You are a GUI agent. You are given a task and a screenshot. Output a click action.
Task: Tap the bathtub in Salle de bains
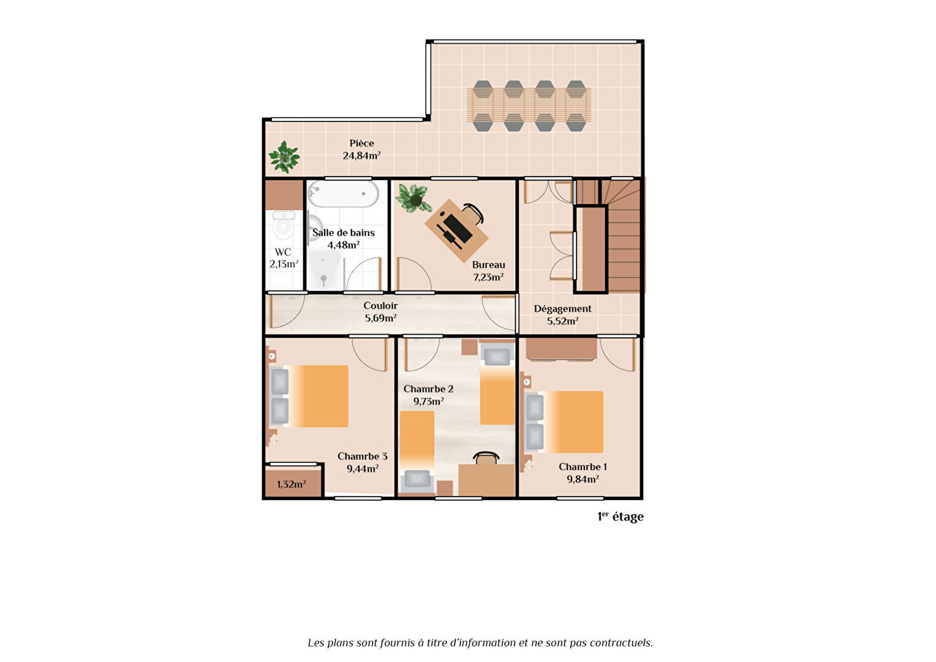pyautogui.click(x=343, y=194)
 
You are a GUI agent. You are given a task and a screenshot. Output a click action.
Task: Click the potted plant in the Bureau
pyautogui.click(x=413, y=198)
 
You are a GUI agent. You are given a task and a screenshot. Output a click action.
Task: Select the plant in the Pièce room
pyautogui.click(x=284, y=158)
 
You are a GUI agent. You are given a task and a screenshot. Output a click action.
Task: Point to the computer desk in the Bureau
pyautogui.click(x=456, y=230)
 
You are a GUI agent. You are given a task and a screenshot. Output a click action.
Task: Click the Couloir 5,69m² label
pyautogui.click(x=380, y=312)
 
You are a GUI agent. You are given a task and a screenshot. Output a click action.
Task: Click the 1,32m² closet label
pyautogui.click(x=291, y=484)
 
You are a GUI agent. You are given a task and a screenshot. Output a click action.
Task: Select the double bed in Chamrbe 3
pyautogui.click(x=309, y=397)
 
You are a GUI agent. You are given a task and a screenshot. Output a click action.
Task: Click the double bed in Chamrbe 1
pyautogui.click(x=564, y=422)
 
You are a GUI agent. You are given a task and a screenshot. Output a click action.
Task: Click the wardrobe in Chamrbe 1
pyautogui.click(x=561, y=349)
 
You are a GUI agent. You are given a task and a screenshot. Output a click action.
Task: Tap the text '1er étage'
pyautogui.click(x=621, y=517)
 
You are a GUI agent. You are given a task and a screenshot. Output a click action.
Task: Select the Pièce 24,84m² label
pyautogui.click(x=361, y=150)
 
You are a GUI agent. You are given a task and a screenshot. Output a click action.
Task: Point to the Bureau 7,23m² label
pyautogui.click(x=488, y=271)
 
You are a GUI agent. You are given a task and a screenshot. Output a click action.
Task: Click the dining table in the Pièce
pyautogui.click(x=529, y=105)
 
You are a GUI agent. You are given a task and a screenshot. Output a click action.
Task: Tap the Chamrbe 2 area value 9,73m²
pyautogui.click(x=429, y=401)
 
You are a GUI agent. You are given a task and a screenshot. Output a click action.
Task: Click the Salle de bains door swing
pyautogui.click(x=363, y=274)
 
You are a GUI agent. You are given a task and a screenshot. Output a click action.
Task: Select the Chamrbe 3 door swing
pyautogui.click(x=369, y=354)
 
